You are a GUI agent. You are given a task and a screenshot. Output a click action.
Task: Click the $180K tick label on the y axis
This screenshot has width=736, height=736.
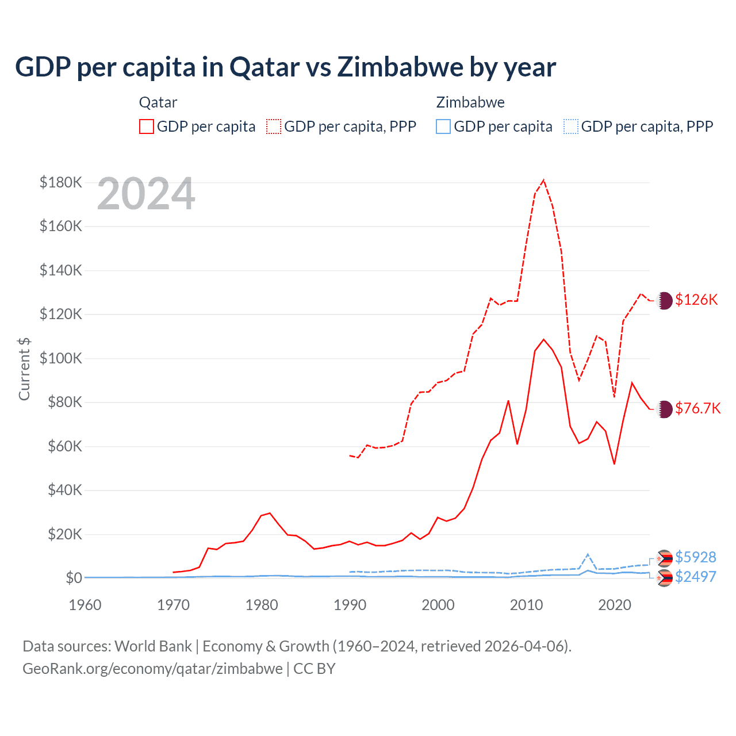[x=61, y=182]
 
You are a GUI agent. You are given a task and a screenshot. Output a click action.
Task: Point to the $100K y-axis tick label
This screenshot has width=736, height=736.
[x=61, y=358]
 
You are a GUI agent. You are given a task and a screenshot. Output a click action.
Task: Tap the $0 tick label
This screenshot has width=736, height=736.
[x=74, y=578]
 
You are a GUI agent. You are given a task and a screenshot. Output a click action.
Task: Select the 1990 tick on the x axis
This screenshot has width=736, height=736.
[x=350, y=605]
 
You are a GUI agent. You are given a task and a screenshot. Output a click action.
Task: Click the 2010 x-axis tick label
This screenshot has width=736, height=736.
[x=526, y=605]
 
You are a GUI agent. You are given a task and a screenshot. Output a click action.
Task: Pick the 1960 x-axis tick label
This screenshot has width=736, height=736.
[x=85, y=605]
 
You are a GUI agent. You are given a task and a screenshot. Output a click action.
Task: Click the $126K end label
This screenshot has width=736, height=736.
[x=696, y=300]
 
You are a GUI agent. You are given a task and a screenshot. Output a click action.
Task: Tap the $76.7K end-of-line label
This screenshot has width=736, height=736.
[x=697, y=408]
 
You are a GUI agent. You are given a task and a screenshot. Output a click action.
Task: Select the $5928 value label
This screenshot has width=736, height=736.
[x=696, y=557]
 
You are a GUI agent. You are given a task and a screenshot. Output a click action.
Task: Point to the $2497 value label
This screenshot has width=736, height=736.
[x=696, y=577]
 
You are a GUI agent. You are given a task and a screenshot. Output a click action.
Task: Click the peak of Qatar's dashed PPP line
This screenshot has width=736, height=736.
[x=543, y=180]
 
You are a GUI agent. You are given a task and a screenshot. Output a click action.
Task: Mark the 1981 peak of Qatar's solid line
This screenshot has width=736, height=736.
[x=270, y=513]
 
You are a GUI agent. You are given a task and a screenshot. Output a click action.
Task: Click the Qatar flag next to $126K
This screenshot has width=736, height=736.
[x=665, y=300]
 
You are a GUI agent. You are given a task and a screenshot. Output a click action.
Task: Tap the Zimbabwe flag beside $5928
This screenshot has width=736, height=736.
[x=665, y=558]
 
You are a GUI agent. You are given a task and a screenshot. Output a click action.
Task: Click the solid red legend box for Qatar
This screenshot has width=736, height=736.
[x=147, y=126]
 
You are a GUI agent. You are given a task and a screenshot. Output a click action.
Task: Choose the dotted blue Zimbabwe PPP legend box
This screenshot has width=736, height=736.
[x=571, y=126]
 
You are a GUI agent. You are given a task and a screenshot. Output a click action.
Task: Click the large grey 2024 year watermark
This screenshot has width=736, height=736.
[x=146, y=194]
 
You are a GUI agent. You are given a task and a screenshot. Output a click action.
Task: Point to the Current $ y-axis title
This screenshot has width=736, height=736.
[x=24, y=369]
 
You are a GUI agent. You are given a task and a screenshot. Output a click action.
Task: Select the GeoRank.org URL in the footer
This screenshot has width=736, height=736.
[x=152, y=669]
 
